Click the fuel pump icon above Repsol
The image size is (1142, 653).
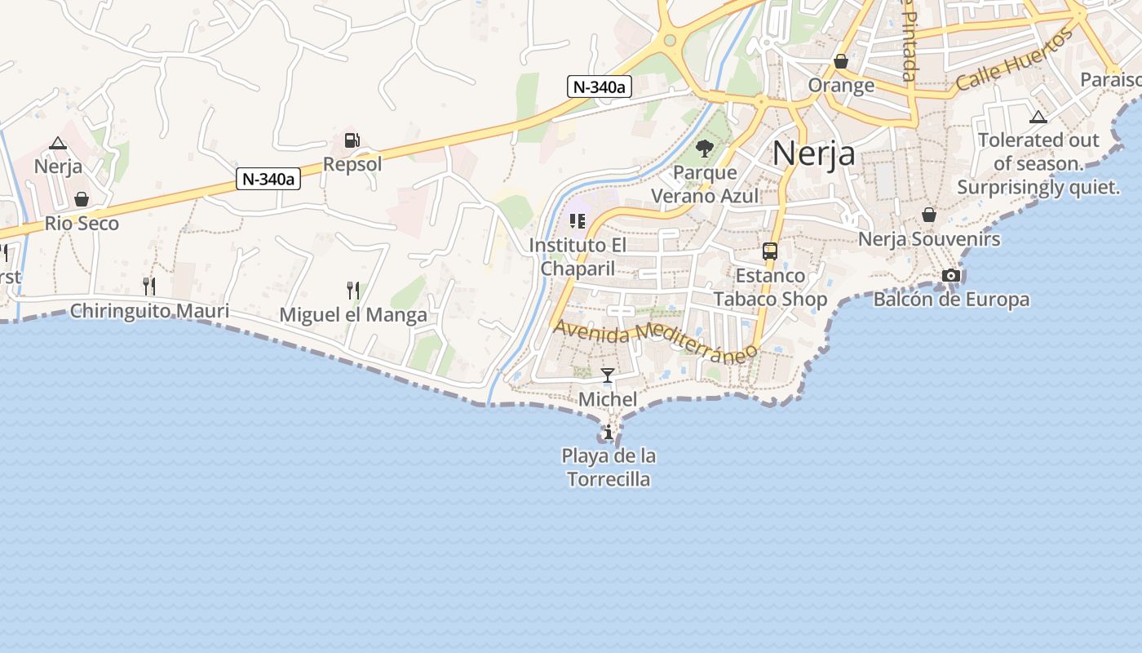point(352,140)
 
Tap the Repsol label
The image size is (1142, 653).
point(352,164)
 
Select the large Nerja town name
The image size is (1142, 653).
point(813,153)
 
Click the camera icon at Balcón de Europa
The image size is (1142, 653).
point(951,276)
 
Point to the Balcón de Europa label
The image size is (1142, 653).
point(951,300)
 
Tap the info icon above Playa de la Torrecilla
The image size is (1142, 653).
point(608,432)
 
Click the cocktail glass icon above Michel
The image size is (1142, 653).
point(608,375)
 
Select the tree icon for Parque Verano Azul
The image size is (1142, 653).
point(705,149)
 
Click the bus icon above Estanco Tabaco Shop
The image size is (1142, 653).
point(770,251)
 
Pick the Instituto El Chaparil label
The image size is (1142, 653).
point(577,256)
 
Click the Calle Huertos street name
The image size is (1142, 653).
point(1014,60)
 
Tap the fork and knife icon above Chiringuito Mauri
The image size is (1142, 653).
point(148,286)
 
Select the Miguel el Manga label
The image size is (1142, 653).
point(353,315)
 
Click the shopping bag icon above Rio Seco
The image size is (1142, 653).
point(82,199)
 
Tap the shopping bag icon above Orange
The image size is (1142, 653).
point(841,61)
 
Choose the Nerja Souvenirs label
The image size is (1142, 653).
point(928,239)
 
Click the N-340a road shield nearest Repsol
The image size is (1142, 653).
point(268,179)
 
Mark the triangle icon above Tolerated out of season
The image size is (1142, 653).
point(1038,117)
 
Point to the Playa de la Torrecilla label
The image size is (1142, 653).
point(609,468)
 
